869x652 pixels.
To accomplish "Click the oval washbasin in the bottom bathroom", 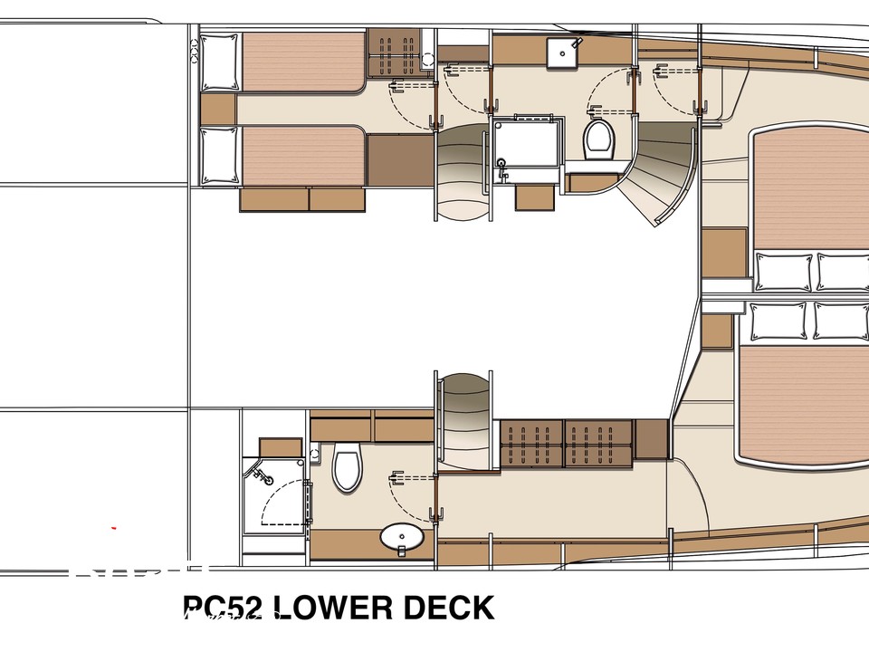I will [x=400, y=538].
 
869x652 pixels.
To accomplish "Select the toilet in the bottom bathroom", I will [x=347, y=467].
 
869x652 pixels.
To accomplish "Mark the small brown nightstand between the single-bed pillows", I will [x=218, y=110].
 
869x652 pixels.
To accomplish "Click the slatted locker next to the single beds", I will [x=392, y=55].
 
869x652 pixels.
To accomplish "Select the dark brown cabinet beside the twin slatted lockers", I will [x=651, y=438].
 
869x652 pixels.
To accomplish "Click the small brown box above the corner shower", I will [x=281, y=447].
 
